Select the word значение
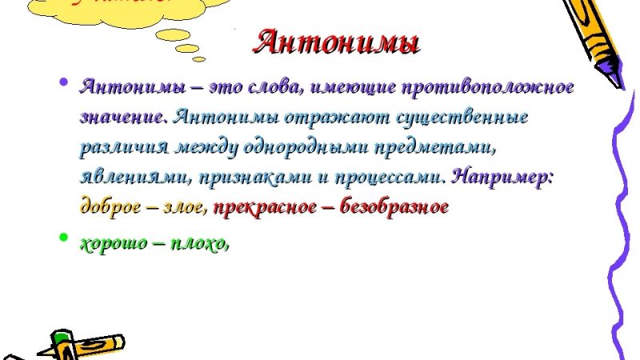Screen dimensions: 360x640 (x=122, y=117)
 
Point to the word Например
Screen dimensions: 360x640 (x=503, y=177)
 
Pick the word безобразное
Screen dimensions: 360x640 (x=394, y=206)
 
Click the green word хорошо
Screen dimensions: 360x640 (x=111, y=243)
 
